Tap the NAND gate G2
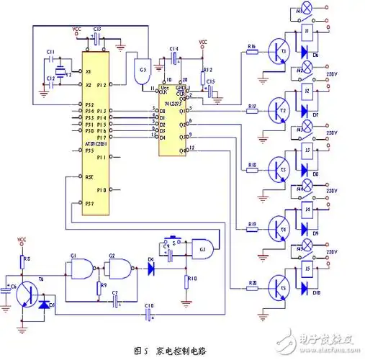(x=117, y=269)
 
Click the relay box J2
(x=308, y=92)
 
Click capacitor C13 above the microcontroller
(x=96, y=36)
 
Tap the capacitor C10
(x=148, y=315)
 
